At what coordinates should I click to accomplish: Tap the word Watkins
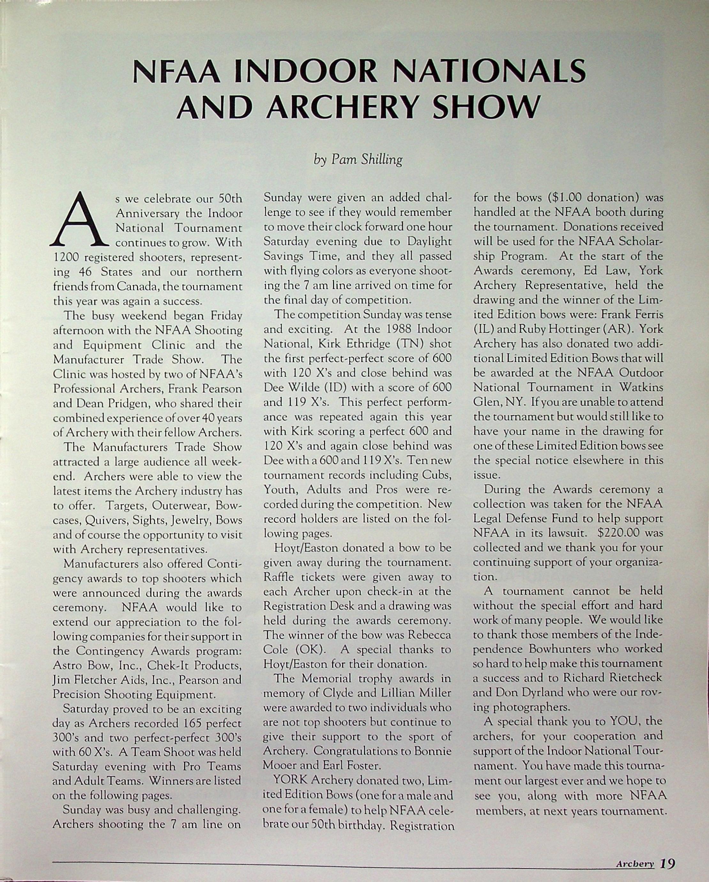[x=641, y=387]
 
